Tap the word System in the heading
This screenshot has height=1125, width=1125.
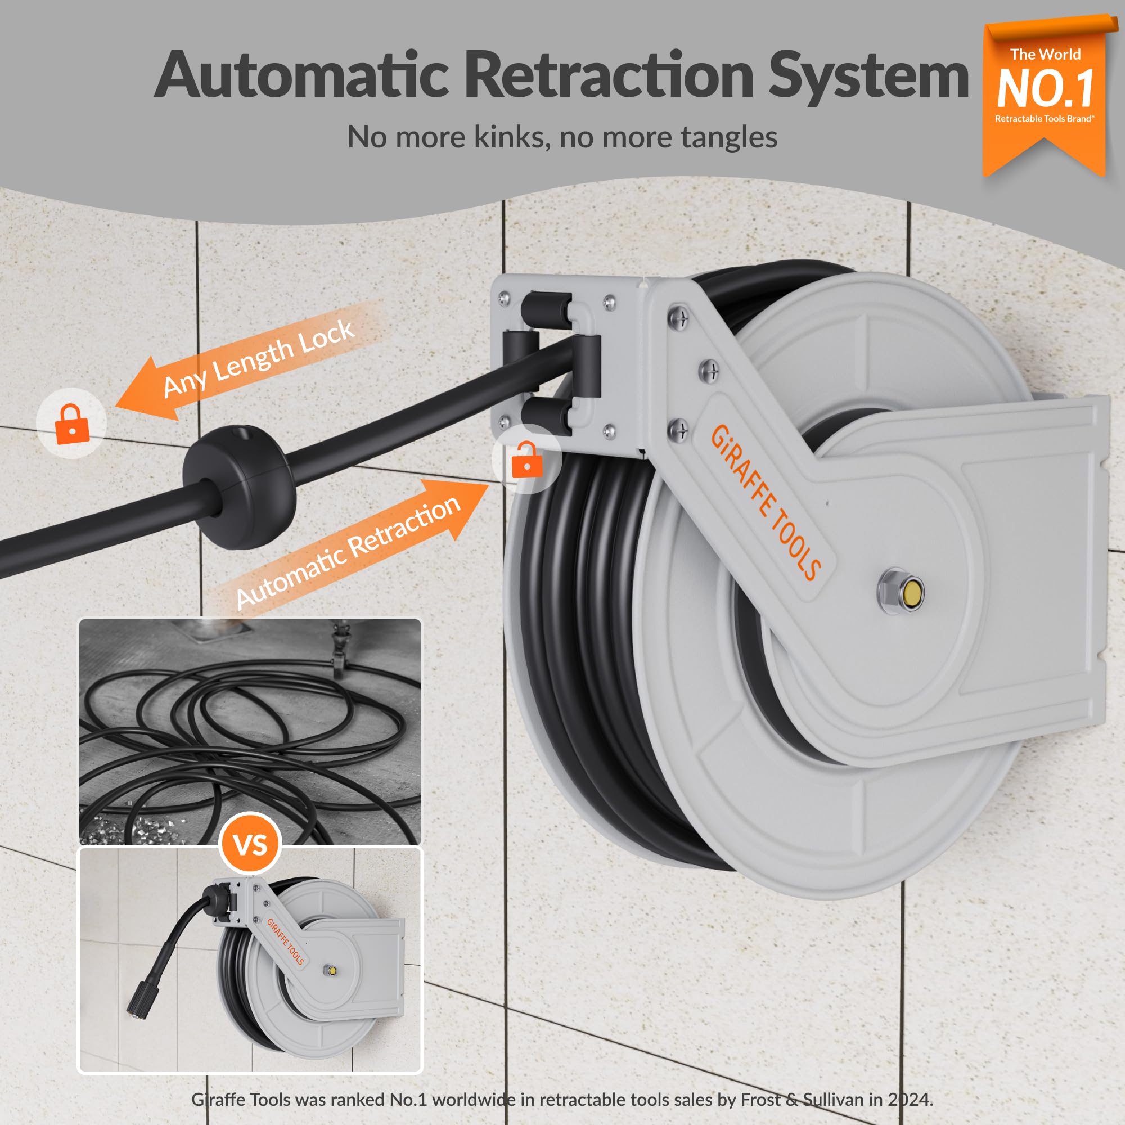tap(870, 76)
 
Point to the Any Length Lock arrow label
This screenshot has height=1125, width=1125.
tap(259, 359)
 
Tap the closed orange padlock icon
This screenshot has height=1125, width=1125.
tap(72, 424)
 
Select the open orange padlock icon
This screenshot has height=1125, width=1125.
tap(526, 460)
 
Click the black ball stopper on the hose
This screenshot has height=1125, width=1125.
tap(240, 487)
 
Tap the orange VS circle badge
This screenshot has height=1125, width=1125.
tap(250, 844)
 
